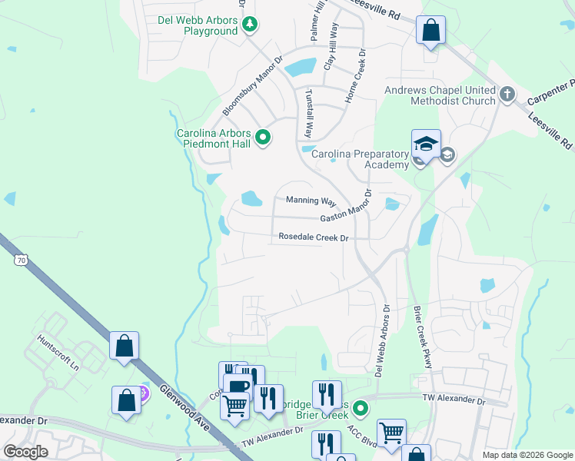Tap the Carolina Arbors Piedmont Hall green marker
[x=263, y=138]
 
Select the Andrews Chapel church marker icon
[x=507, y=95]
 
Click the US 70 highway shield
[x=20, y=260]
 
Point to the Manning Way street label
[x=311, y=201]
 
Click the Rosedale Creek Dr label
[x=314, y=237]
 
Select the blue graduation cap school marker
[x=425, y=144]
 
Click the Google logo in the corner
[x=25, y=452]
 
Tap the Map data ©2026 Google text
[x=527, y=455]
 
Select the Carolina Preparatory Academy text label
[x=360, y=159]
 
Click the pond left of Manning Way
[x=251, y=199]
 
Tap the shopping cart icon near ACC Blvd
[x=391, y=432]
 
